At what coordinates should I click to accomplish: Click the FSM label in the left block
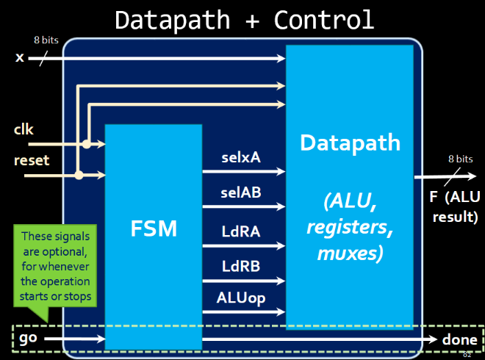pos(153,228)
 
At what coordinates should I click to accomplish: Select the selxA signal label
pos(241,157)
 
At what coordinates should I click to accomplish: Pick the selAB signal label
pos(241,192)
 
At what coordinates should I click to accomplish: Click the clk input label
pos(24,129)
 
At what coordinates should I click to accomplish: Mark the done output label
pos(460,339)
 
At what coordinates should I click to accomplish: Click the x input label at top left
pos(20,57)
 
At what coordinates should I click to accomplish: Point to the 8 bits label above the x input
pos(46,39)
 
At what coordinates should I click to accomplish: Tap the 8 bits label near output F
pos(460,158)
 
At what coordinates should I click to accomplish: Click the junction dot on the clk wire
pos(87,145)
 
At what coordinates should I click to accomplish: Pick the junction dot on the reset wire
pos(79,175)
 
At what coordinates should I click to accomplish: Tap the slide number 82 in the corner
pos(467,354)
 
